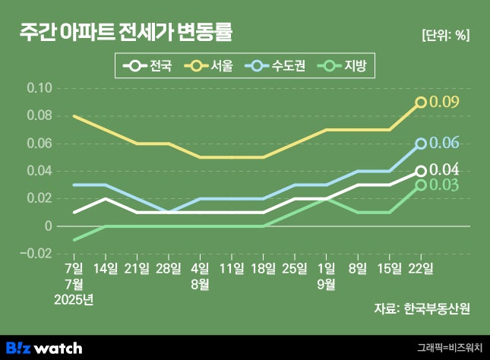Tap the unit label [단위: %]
click(444, 35)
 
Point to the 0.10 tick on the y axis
click(40, 88)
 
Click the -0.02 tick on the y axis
click(38, 254)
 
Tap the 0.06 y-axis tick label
click(40, 144)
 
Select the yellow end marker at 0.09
click(421, 102)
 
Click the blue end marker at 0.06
click(421, 144)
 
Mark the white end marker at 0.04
click(421, 171)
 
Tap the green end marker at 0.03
click(421, 185)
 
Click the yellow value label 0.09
click(444, 102)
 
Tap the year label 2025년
click(74, 298)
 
